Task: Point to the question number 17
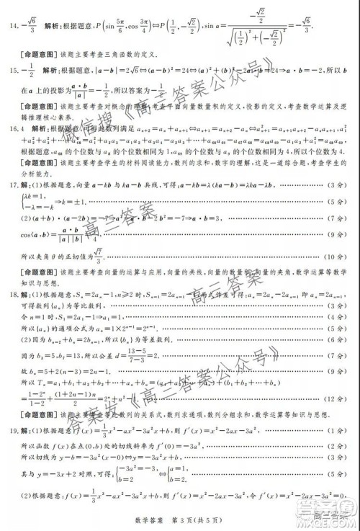(x=14, y=185)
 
